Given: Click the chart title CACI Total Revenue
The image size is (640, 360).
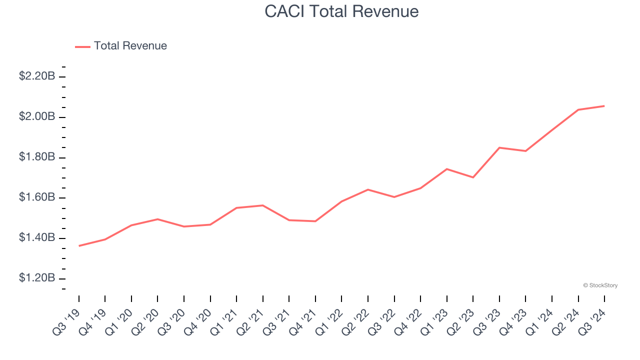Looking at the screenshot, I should coord(341,11).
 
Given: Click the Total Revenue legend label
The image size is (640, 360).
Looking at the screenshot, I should coord(130,46).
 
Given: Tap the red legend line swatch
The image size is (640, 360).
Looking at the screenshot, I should coord(82,46).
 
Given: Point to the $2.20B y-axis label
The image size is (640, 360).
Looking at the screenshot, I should coord(37,76).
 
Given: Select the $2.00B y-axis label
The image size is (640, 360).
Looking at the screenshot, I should coord(37,116).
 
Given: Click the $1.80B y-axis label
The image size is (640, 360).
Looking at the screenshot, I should coord(37,157).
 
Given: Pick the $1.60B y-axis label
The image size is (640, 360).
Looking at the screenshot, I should coord(37,197).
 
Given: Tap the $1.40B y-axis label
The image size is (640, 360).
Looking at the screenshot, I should coord(37,237).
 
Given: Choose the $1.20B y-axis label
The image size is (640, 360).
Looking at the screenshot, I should coord(37,278).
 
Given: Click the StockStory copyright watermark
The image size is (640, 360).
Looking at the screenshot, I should coord(600,285).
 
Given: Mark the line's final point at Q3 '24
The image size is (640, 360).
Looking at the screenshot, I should coord(604,106).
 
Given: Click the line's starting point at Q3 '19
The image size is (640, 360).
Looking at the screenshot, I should coord(79,246).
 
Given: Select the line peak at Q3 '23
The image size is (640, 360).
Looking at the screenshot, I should coord(499,147).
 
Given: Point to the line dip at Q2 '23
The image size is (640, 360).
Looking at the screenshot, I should coord(473,177).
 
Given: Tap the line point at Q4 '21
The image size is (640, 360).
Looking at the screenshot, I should coord(315,221).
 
